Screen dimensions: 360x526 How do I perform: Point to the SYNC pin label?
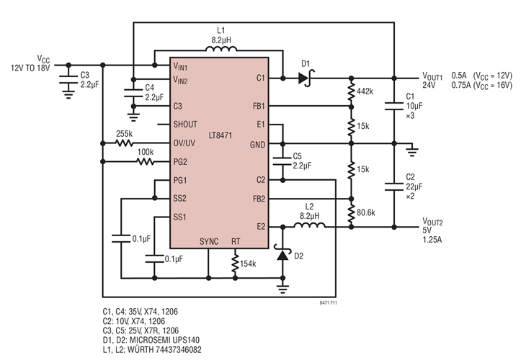209,242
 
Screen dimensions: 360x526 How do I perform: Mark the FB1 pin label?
257,106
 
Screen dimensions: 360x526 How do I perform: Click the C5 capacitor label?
298,156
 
